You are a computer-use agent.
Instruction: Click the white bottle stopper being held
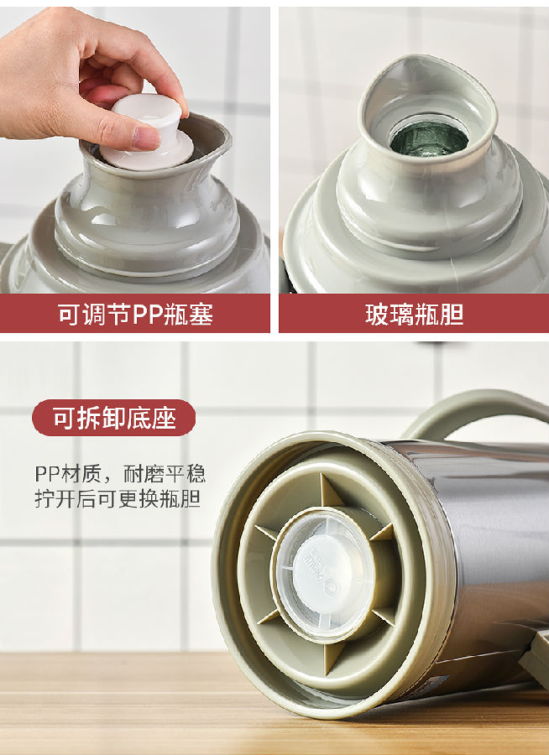point(147,133)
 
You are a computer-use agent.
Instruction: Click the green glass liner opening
point(428,138)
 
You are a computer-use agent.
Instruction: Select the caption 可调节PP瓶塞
point(135,315)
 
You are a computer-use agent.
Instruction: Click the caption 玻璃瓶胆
point(415,315)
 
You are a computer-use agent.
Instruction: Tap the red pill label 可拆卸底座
point(114,418)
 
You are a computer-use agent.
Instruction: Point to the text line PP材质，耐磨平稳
point(120,474)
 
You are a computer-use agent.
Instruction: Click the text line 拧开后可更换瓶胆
point(118,499)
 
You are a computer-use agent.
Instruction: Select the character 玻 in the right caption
point(378,315)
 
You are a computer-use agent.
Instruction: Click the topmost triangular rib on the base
point(330,491)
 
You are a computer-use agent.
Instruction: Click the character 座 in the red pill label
point(165,418)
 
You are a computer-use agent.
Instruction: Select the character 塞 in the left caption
point(201,315)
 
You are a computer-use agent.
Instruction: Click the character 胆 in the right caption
point(452,315)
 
